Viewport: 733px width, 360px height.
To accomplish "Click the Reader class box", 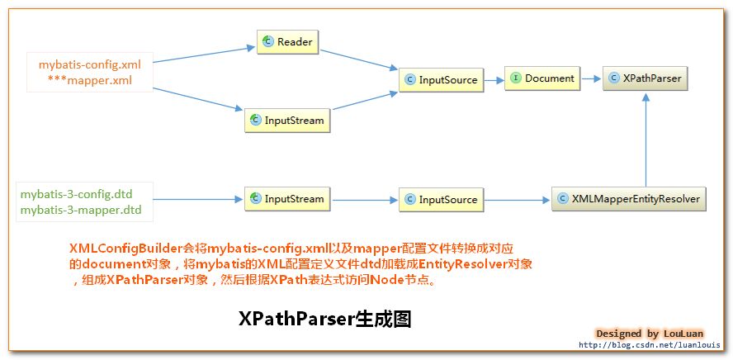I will (287, 41).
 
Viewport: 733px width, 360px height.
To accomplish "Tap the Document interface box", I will (541, 78).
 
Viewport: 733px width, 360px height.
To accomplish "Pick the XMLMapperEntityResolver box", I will (629, 199).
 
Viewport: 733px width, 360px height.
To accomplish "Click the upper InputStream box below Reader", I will (287, 121).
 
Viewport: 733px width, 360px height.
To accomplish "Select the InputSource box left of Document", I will (440, 80).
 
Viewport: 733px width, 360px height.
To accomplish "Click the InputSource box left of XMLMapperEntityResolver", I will (440, 200).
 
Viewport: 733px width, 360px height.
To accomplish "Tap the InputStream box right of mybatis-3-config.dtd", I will (287, 199).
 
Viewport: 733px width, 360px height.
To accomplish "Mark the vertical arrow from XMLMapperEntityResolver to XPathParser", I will (648, 140).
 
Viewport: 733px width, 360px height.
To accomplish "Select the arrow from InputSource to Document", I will (493, 80).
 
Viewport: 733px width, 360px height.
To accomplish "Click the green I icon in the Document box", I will (515, 78).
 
